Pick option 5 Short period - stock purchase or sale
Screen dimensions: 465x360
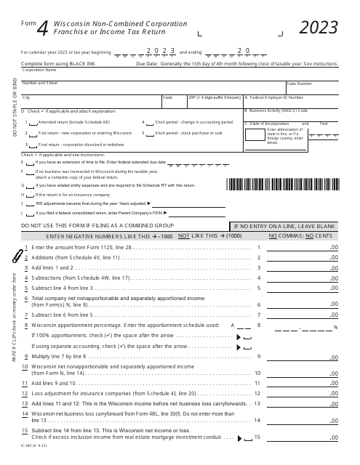point(150,134)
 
